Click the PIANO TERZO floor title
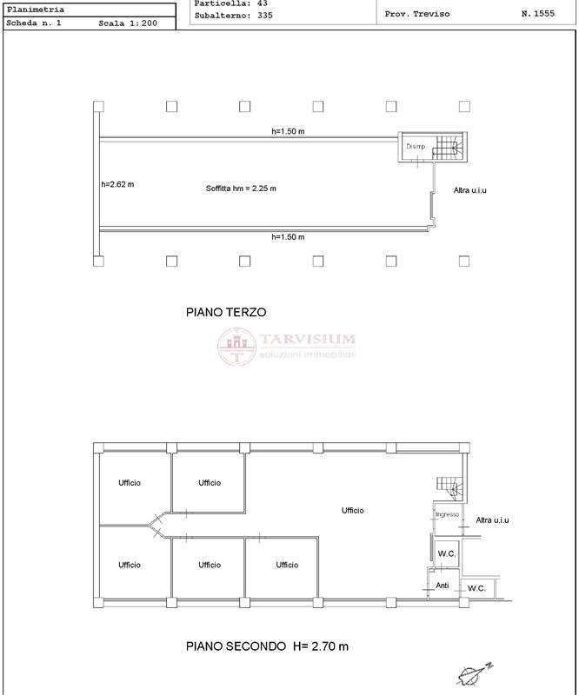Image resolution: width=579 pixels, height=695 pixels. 226,312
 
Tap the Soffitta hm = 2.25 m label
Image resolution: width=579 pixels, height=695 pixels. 241,189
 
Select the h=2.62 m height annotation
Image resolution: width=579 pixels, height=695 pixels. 117,184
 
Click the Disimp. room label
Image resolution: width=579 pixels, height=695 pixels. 416,146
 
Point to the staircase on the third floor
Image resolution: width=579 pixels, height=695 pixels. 448,148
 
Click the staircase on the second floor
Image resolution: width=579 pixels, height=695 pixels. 449,489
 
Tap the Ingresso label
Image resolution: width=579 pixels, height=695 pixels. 447,514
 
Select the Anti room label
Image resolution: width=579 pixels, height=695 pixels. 443,586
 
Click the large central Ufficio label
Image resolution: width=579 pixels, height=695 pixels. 353,511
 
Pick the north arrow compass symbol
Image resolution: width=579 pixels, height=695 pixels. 475,674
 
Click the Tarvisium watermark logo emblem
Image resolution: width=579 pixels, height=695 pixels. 237,347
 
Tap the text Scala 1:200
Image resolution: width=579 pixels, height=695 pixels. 128,23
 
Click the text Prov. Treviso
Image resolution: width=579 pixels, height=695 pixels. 417,14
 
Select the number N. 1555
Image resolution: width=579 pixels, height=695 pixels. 538,14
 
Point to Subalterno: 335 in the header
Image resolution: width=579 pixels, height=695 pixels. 233,16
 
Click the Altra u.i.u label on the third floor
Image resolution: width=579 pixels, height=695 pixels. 469,190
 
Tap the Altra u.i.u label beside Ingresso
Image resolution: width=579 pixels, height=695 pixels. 492,520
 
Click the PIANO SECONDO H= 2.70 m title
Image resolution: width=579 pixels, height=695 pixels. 267,646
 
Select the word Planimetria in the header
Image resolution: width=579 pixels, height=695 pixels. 36,10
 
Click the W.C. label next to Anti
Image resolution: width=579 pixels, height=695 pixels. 476,588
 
